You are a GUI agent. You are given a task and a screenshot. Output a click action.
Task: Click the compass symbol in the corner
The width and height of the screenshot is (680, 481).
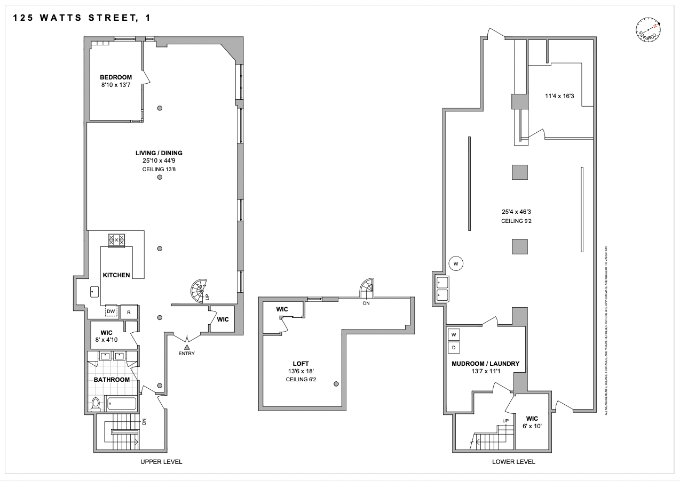click(x=648, y=31)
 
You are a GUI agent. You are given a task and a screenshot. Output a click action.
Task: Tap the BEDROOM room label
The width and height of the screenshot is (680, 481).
click(x=116, y=77)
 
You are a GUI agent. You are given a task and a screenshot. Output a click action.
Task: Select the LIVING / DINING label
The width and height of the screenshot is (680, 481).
click(x=159, y=153)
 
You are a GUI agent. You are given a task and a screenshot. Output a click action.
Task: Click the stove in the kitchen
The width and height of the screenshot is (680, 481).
click(x=116, y=240)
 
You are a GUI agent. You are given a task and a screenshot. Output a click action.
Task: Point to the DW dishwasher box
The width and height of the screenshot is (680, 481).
click(x=111, y=311)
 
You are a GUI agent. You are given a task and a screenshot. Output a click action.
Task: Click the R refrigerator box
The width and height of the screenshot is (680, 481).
click(x=129, y=311)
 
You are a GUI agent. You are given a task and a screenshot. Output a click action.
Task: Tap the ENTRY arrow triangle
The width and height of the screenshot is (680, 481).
click(x=187, y=347)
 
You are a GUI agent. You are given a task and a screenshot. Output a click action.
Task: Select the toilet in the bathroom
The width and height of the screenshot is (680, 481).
click(x=96, y=405)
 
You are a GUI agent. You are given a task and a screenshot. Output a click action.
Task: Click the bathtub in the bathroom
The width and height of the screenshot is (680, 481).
click(x=121, y=404)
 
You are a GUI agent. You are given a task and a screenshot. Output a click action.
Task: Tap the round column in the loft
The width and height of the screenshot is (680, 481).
click(x=336, y=384)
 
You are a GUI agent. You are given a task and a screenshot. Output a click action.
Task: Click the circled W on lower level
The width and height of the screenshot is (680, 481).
click(x=456, y=263)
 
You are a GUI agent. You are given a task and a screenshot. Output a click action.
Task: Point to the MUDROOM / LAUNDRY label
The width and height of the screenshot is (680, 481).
click(x=485, y=364)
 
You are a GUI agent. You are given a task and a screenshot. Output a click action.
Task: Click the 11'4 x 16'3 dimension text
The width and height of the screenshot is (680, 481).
click(x=559, y=97)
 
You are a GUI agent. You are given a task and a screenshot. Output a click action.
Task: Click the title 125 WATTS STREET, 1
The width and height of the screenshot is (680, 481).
click(x=81, y=18)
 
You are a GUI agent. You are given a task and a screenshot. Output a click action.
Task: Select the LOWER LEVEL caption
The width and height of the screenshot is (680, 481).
click(x=513, y=462)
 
